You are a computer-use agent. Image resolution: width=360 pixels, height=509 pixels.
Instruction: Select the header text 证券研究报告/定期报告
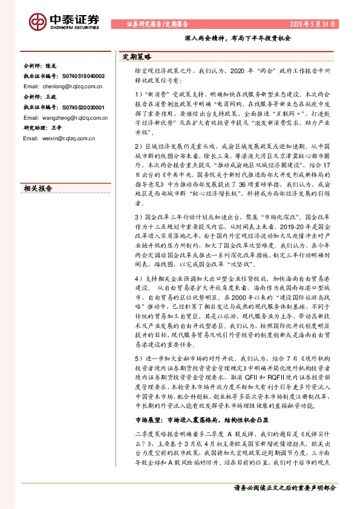tap(157, 24)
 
